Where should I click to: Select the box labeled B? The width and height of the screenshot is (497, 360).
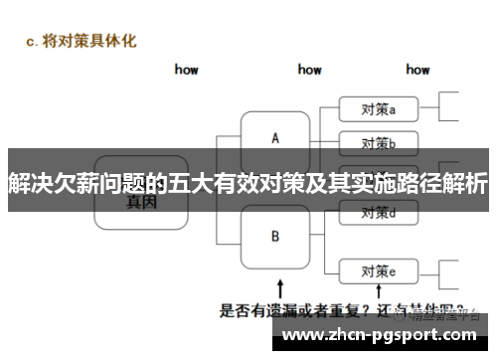[x=275, y=237]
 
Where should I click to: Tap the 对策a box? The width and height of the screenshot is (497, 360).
[x=379, y=108]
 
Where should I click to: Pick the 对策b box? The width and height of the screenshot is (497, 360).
[x=379, y=141]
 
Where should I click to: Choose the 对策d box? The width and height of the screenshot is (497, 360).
[x=379, y=212]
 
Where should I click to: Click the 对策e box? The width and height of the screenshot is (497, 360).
[x=379, y=270]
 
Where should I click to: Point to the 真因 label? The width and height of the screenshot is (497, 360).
[x=142, y=200]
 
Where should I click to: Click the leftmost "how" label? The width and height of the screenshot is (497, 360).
[x=186, y=70]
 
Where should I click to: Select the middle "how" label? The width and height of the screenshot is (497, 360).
[x=309, y=70]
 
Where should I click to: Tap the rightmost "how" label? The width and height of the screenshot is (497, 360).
[x=417, y=70]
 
